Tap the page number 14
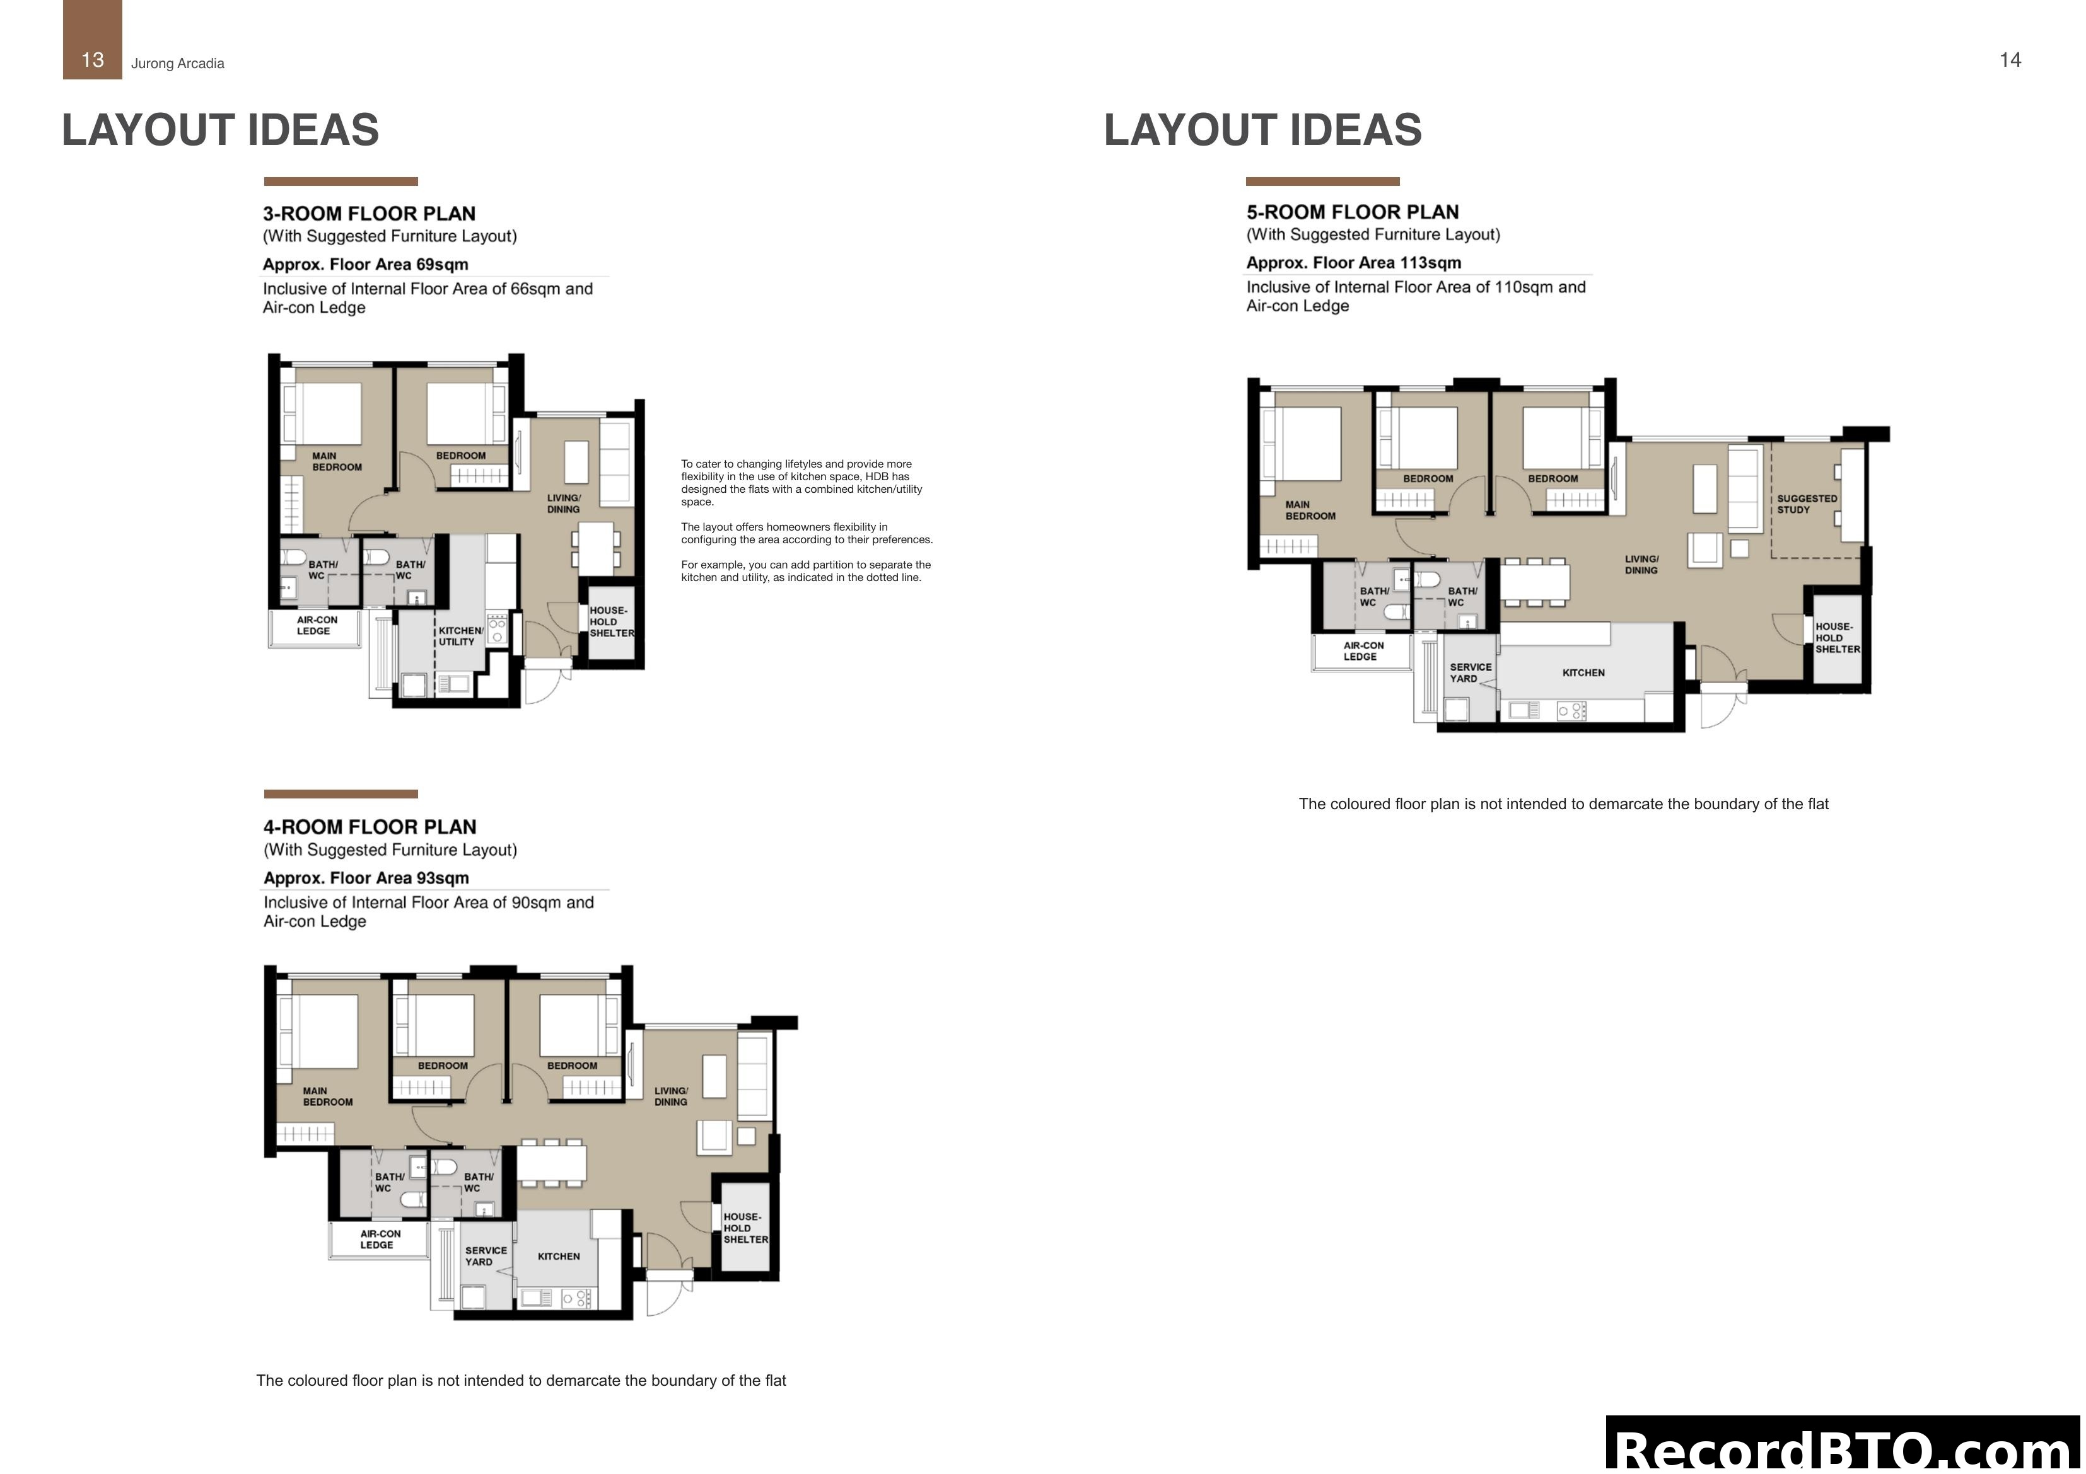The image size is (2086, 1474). pos(2010,60)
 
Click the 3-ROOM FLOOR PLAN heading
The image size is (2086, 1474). pos(369,214)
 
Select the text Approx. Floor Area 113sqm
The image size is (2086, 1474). pos(1353,262)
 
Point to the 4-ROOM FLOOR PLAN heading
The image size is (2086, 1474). pos(370,826)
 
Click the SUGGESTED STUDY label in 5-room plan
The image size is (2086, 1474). pos(1806,504)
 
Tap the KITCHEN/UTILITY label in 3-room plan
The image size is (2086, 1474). pos(460,636)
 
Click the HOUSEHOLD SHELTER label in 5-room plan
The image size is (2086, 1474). pos(1837,638)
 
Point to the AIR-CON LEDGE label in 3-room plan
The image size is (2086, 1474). pos(316,625)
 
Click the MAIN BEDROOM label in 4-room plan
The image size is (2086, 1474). pos(327,1096)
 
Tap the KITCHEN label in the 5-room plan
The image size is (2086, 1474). pos(1583,673)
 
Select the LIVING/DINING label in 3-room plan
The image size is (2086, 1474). pos(563,503)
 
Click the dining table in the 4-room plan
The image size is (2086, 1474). pos(552,1163)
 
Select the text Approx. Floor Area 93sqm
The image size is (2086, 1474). pos(366,877)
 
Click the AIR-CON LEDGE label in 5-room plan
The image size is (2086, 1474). pos(1362,651)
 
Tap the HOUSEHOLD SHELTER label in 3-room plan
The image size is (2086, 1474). pos(610,622)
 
